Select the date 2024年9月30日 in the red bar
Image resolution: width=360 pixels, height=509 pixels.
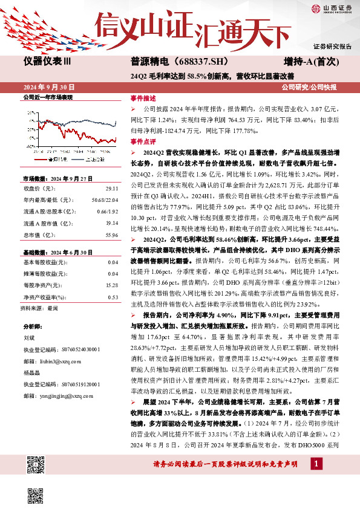(51, 86)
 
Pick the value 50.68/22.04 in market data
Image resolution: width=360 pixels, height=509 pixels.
(105, 201)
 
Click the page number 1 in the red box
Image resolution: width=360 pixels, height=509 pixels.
(316, 480)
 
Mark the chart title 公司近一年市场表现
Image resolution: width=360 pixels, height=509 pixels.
(47, 97)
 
